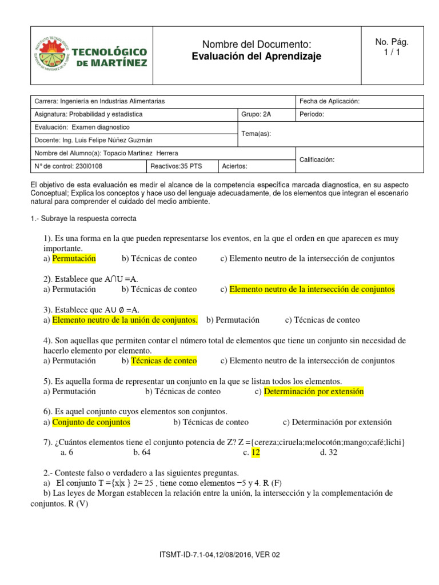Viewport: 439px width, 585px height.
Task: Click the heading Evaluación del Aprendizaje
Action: pyautogui.click(x=257, y=56)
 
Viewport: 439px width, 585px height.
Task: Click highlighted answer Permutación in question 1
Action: pyautogui.click(x=74, y=258)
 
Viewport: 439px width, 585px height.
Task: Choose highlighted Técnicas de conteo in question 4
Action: pyautogui.click(x=164, y=360)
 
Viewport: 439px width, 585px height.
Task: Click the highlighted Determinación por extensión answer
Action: pyautogui.click(x=314, y=391)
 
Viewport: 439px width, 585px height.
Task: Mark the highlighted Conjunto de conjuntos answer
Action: pyautogui.click(x=91, y=422)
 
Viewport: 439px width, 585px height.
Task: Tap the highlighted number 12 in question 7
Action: pyautogui.click(x=256, y=452)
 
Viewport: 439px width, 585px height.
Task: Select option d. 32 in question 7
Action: pyautogui.click(x=329, y=452)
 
